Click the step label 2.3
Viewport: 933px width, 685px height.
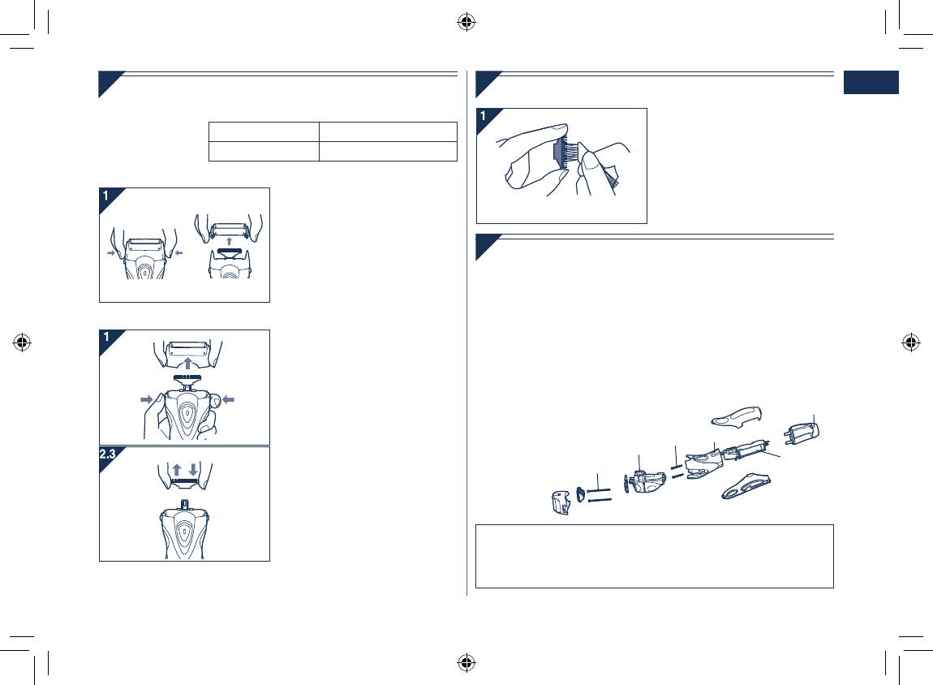click(107, 454)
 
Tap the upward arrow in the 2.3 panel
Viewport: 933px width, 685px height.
click(177, 470)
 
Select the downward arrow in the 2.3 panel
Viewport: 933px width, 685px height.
click(193, 470)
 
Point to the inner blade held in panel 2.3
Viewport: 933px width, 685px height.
click(184, 479)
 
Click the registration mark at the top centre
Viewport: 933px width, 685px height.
click(466, 23)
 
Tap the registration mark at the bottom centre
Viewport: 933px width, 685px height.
click(466, 662)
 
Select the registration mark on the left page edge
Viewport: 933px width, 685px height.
click(22, 342)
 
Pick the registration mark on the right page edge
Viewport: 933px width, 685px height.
click(911, 342)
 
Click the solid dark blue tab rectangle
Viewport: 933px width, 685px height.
click(871, 82)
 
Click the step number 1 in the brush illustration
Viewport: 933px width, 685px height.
click(484, 116)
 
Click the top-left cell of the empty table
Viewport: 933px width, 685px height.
click(264, 131)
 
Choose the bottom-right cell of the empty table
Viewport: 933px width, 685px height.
click(388, 151)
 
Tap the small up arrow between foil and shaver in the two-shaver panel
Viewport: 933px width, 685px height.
click(229, 242)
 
